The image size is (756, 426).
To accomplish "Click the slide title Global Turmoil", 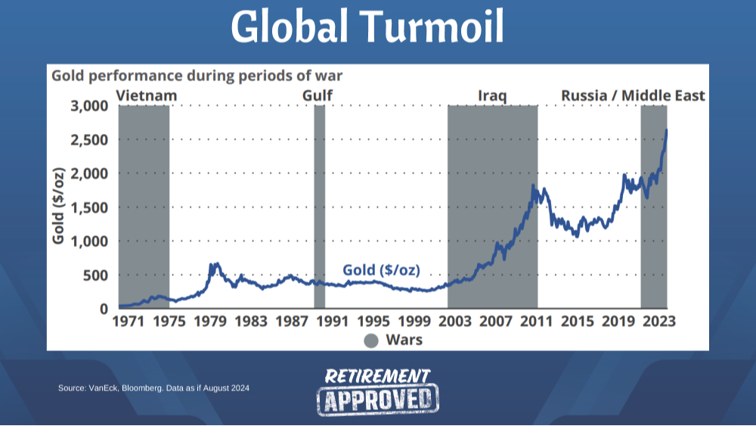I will tap(367, 28).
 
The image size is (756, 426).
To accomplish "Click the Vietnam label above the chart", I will tap(147, 96).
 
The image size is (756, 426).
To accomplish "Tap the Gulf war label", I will tap(318, 96).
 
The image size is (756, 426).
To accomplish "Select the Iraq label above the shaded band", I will tap(492, 96).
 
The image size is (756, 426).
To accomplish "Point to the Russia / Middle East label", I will tap(633, 96).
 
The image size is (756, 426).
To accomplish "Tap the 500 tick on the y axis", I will tap(94, 275).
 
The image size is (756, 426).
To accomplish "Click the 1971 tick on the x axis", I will tap(129, 322).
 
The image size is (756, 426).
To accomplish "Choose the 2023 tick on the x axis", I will tap(657, 322).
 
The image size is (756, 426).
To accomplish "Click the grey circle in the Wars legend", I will tap(370, 340).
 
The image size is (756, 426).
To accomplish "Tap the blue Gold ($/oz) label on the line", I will tap(381, 270).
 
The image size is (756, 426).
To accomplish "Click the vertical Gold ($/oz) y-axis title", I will tap(58, 205).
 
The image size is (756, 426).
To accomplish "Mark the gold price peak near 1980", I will tap(215, 264).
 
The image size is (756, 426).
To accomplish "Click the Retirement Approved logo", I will tap(377, 391).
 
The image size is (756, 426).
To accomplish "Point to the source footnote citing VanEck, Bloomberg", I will tap(153, 388).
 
